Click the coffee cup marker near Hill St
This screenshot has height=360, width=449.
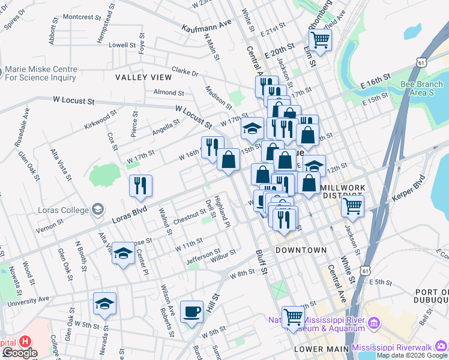coord(191,312)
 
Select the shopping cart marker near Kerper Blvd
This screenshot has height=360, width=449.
coord(352,207)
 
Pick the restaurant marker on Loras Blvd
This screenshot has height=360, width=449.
coord(140,186)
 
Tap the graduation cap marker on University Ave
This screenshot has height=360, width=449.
coord(104,304)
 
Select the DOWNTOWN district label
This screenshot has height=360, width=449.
coord(301,250)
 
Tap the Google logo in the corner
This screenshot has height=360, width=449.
coord(20,353)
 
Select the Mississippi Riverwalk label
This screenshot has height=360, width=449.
coord(399,347)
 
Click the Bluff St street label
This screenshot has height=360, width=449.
coord(261,262)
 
